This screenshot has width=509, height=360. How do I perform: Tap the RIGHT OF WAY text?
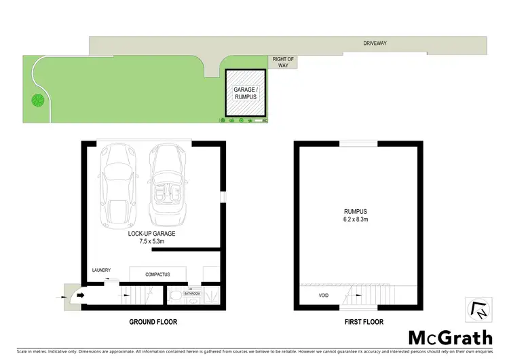[x=283, y=62]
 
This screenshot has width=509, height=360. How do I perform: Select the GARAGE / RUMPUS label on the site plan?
[x=245, y=93]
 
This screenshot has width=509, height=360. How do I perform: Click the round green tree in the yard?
[x=37, y=101]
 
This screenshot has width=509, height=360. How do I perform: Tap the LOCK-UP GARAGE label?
[x=151, y=233]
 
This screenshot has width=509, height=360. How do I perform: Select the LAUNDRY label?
[x=101, y=270]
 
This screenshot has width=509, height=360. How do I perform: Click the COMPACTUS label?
[x=157, y=274]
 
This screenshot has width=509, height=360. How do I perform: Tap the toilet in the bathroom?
[x=174, y=295]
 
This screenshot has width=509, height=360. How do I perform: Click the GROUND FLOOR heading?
[x=154, y=321]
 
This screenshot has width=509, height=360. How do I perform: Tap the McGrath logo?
[x=450, y=337]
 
